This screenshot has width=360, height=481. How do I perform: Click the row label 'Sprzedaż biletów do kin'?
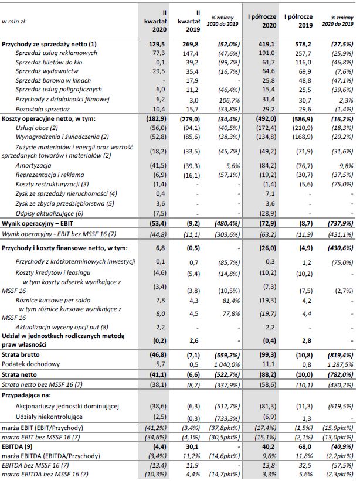click(x=50, y=62)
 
